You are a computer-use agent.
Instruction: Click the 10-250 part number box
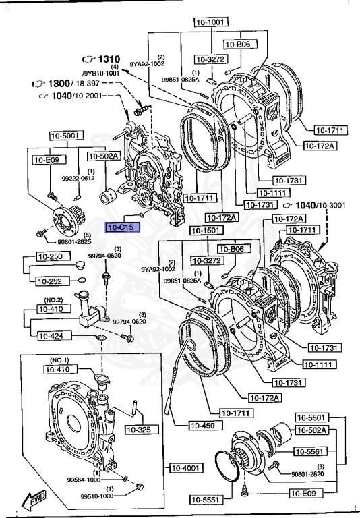coord(49,258)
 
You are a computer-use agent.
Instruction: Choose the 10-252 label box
coord(49,281)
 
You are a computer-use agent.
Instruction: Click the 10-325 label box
coord(144,430)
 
